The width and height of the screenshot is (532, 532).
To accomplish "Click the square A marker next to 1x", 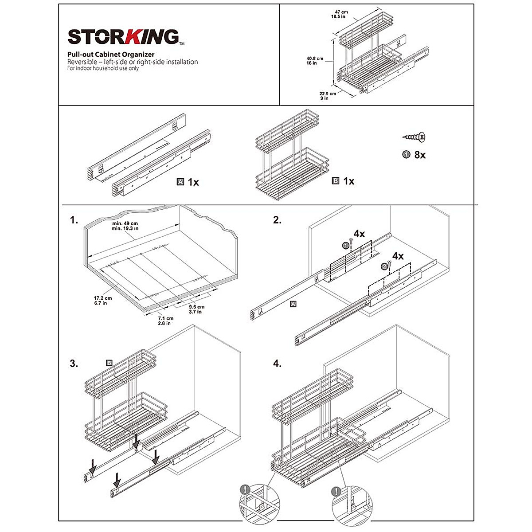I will pos(180,182).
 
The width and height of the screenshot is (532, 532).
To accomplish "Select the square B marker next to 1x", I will pos(335,181).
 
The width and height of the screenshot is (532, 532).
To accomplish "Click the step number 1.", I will pos(74,220).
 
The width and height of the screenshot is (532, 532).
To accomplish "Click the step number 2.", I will pos(277,220).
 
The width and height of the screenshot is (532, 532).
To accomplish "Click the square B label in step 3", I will pos(109,363).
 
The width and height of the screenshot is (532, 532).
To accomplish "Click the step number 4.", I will pos(277,364).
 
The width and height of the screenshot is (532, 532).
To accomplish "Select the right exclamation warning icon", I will pos(336,492).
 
